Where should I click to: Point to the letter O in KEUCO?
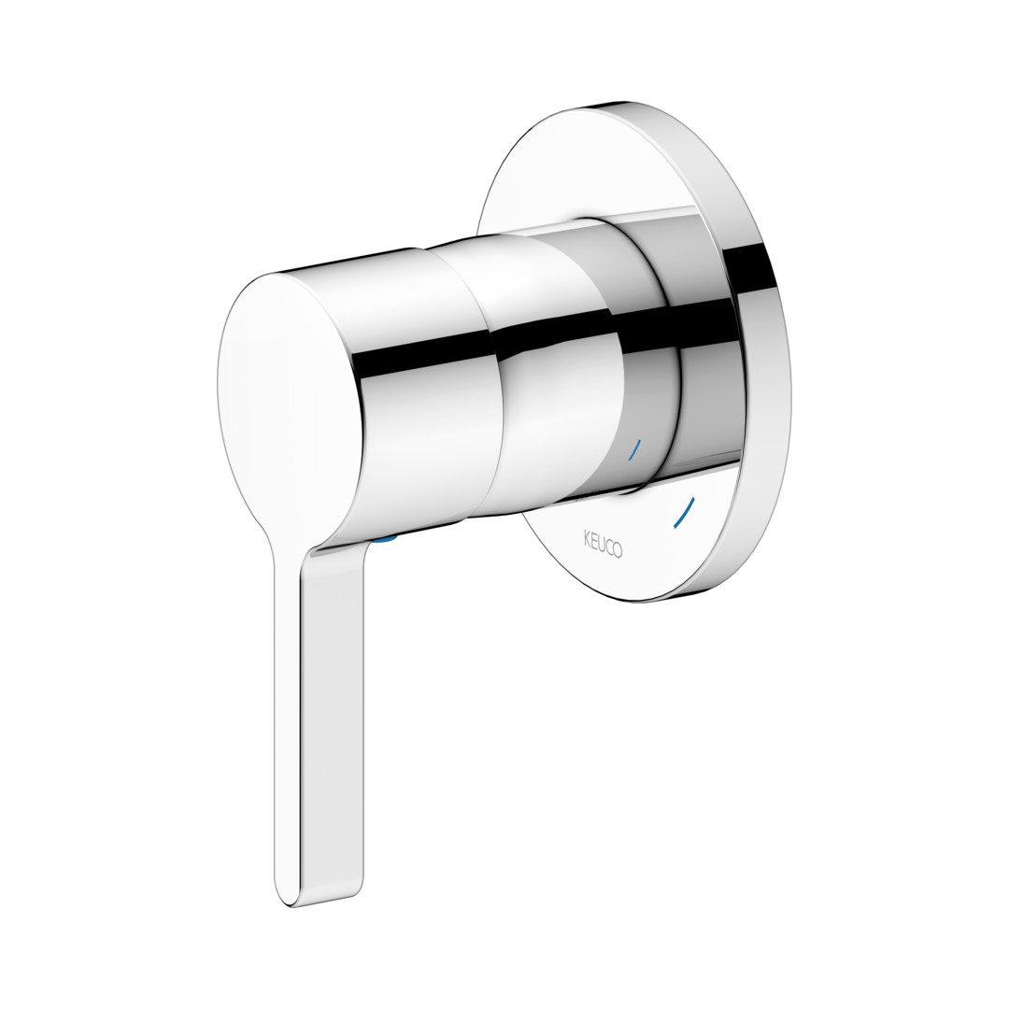click(618, 550)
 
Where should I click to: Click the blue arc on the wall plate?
click(684, 513)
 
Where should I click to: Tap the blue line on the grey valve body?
click(634, 450)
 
